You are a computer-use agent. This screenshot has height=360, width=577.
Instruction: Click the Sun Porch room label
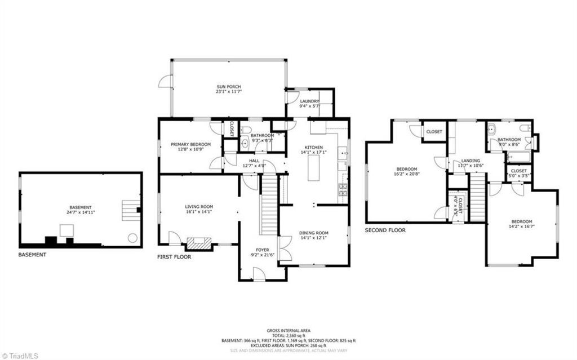coord(228,87)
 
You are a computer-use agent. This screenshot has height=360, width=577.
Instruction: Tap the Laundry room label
coord(309,101)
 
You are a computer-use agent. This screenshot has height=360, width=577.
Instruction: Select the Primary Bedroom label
coord(190,145)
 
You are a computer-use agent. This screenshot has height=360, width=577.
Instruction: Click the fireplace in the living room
coord(199,243)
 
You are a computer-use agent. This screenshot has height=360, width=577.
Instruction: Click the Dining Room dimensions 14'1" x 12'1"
coord(314,238)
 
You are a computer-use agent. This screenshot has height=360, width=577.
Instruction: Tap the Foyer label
coord(263,249)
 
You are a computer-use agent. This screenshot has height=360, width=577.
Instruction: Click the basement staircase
coord(129,210)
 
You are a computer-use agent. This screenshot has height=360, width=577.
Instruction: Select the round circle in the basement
coord(132,238)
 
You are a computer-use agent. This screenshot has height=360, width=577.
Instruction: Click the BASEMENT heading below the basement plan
coord(32,255)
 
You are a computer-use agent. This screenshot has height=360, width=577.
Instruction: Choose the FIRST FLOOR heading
coord(174,257)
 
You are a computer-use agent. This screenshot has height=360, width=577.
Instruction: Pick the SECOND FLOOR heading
coord(385,230)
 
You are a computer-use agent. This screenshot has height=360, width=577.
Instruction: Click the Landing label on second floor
coord(471,161)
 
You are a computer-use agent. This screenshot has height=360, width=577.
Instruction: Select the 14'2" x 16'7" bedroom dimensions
coord(521,226)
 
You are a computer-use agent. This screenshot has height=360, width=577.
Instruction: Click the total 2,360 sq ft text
coord(288,335)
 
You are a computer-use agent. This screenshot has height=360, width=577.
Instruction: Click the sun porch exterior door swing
coord(163,82)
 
